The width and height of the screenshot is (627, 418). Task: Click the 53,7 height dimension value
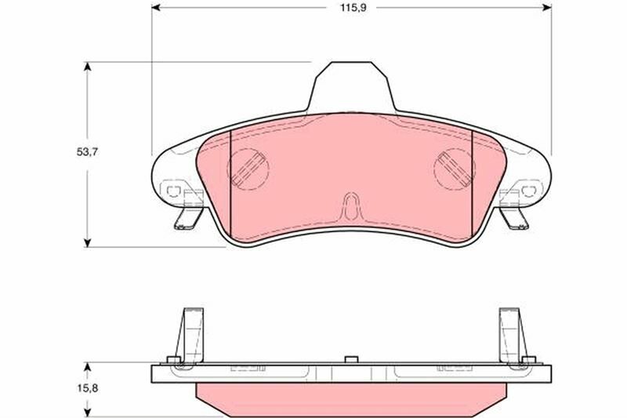pyautogui.click(x=88, y=152)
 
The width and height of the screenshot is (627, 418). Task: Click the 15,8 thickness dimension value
pyautogui.click(x=88, y=387)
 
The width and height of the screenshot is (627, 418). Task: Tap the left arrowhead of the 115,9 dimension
pyautogui.click(x=156, y=8)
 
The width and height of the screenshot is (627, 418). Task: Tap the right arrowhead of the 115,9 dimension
pyautogui.click(x=547, y=8)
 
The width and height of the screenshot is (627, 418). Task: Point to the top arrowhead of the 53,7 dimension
pyautogui.click(x=88, y=67)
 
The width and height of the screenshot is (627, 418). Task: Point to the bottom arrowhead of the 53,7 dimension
pyautogui.click(x=88, y=243)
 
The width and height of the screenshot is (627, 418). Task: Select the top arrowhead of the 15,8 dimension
pyautogui.click(x=88, y=367)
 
